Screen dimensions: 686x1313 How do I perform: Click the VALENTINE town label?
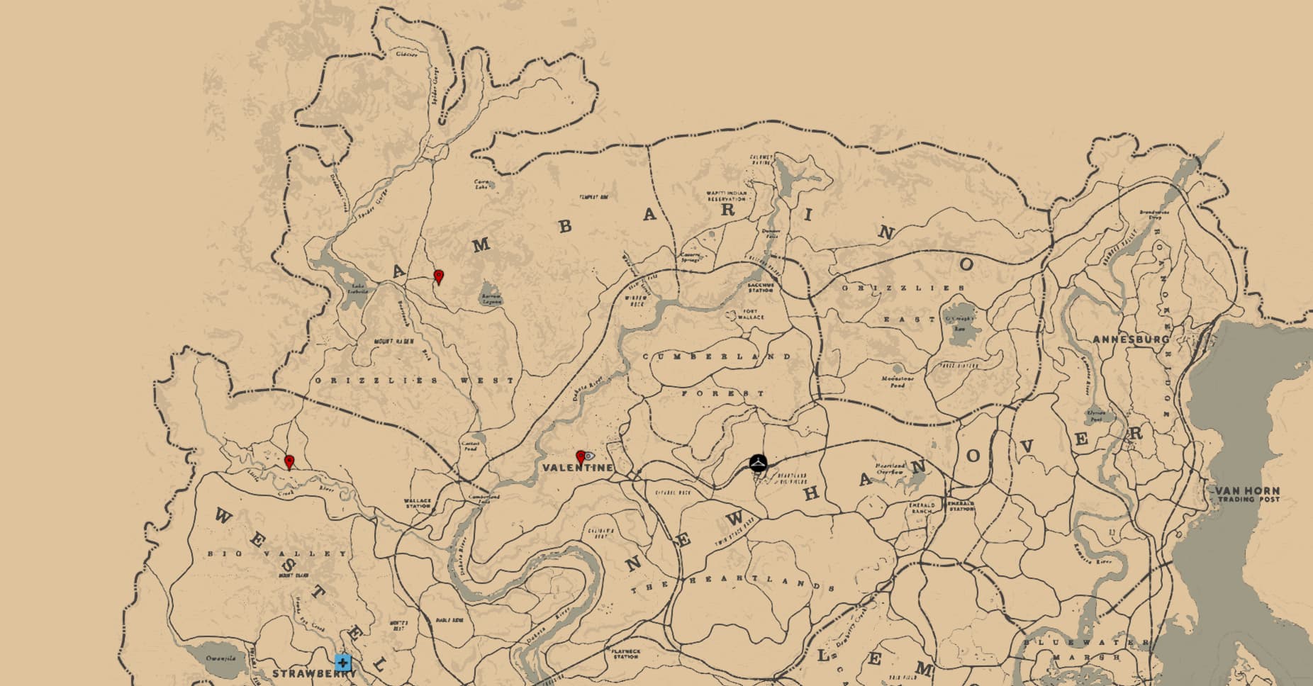coord(577,468)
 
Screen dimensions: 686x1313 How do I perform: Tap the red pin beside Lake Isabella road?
coord(439,276)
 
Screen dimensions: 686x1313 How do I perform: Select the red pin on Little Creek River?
coord(289,462)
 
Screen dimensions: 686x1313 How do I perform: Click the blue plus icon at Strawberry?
coord(343,663)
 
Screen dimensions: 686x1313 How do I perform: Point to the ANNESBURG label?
coord(1130,339)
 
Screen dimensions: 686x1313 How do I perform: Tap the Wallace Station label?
coord(418,503)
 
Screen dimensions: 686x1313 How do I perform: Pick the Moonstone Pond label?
coord(898,381)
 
